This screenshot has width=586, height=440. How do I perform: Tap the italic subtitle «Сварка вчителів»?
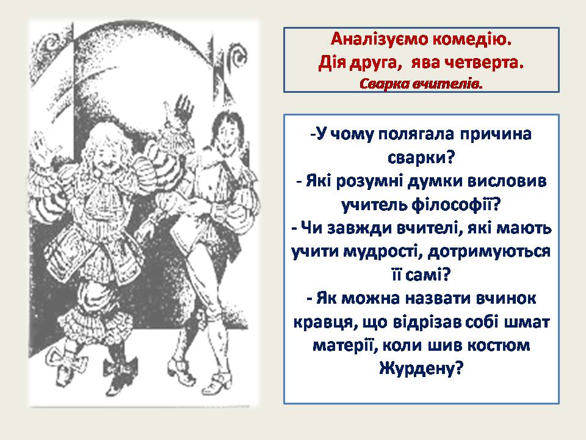[x=421, y=82]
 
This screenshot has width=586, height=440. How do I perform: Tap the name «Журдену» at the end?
[x=421, y=369]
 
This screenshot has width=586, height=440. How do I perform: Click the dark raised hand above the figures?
[x=181, y=108]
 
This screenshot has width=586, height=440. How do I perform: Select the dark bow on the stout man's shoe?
[x=116, y=369]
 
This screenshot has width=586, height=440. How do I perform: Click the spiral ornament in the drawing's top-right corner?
[x=234, y=44]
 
